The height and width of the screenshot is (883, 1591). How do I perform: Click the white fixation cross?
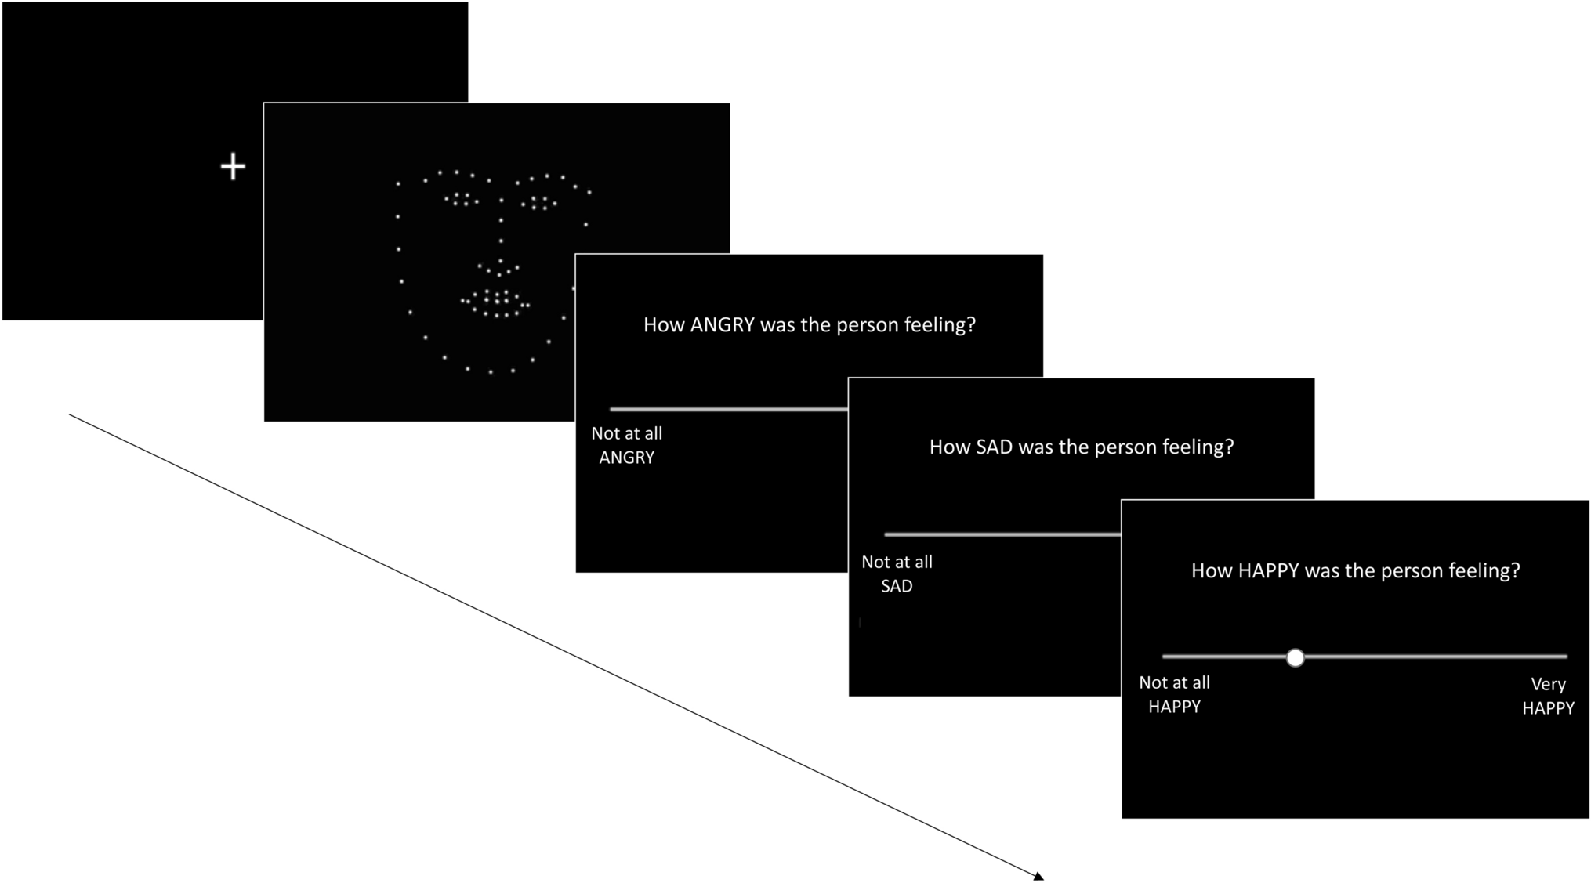coord(233,167)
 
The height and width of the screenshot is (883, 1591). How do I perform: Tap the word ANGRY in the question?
coord(722,325)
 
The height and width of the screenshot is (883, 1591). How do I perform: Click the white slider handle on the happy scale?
coord(1295,657)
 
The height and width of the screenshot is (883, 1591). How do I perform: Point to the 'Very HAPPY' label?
coord(1548,696)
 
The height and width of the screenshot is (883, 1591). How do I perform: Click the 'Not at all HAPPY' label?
coord(1174,694)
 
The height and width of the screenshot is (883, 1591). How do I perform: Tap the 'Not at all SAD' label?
coord(897,574)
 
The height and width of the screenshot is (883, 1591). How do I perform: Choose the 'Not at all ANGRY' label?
coord(626,445)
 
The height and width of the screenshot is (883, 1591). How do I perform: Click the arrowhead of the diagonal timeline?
coord(1038,877)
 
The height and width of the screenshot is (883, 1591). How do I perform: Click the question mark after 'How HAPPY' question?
coord(1515,571)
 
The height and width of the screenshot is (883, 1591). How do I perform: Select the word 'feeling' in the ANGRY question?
coord(936,325)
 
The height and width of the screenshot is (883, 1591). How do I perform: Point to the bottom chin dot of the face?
coord(491,371)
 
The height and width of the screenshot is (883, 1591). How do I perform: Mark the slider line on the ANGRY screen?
coord(728,409)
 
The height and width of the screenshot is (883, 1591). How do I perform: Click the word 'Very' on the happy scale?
coord(1548,684)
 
